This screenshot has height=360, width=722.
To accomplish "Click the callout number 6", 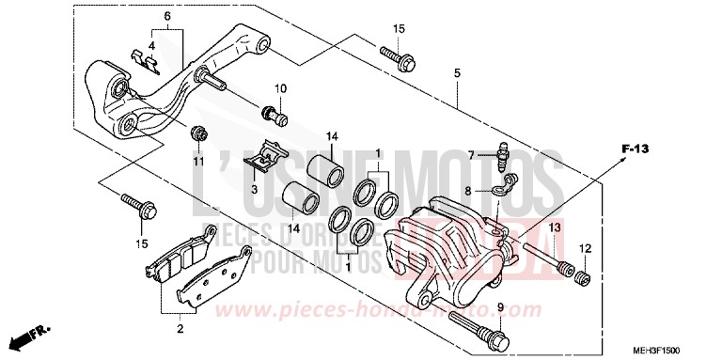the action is [166, 17].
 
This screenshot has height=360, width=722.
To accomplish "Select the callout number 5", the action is [456, 73].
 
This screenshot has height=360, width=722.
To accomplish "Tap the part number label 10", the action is [279, 89].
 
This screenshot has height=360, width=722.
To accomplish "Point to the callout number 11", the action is [198, 162].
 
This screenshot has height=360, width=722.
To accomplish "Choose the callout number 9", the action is [501, 307].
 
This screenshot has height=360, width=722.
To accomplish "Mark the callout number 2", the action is [179, 329].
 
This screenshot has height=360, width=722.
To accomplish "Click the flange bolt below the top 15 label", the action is [398, 56].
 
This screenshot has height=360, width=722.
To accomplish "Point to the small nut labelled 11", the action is [198, 133].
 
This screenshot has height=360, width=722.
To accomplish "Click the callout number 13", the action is [555, 228].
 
